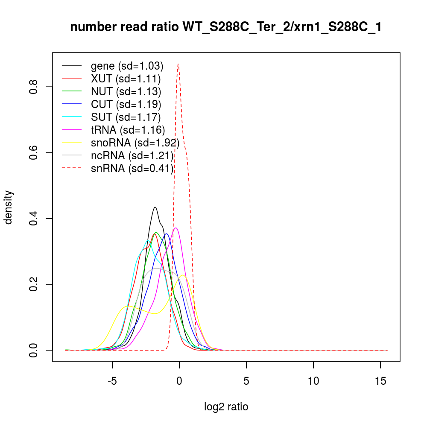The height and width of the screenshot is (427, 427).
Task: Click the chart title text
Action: pyautogui.click(x=226, y=27)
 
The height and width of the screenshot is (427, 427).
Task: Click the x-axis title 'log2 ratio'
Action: pyautogui.click(x=226, y=407)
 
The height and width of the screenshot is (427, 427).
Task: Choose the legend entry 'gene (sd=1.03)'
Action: pyautogui.click(x=127, y=66)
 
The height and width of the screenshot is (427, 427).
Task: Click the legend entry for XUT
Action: pyautogui.click(x=126, y=79)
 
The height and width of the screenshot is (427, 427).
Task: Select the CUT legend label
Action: pyautogui.click(x=126, y=105)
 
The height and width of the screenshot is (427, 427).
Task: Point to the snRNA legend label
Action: pyautogui.click(x=132, y=169)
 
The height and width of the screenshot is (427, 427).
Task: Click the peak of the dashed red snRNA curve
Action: pyautogui.click(x=178, y=64)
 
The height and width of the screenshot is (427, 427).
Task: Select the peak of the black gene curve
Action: pyautogui.click(x=155, y=207)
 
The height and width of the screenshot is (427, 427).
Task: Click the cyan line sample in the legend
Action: pyautogui.click(x=72, y=117)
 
